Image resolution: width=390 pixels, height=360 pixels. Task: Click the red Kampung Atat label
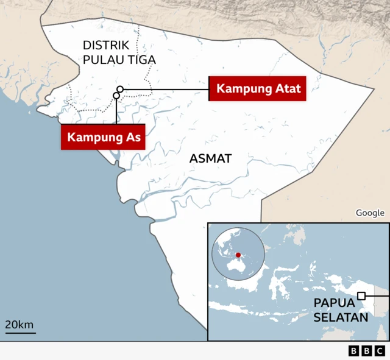point(259,89)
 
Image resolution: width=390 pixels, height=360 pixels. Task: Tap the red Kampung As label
point(104,137)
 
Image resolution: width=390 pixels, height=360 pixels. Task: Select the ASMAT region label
point(210,158)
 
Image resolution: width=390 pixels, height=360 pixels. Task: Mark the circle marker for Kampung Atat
point(120,90)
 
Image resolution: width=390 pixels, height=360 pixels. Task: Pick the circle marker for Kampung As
point(116,96)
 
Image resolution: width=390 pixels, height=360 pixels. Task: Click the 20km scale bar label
point(20,324)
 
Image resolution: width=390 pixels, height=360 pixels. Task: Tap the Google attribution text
point(370,213)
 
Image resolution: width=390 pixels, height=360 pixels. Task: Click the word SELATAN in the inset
point(341,317)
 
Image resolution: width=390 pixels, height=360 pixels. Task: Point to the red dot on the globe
point(238,255)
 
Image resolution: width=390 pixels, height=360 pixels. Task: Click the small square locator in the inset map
point(361,296)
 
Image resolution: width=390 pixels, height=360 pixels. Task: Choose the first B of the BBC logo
point(354,351)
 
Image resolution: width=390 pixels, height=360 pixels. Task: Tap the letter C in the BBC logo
point(379,351)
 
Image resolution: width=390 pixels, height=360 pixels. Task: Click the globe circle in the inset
point(238,255)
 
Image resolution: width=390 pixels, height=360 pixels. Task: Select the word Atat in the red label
point(287,89)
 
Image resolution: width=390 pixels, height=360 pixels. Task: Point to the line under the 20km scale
point(21,333)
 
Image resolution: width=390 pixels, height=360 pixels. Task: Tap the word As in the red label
point(133,137)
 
